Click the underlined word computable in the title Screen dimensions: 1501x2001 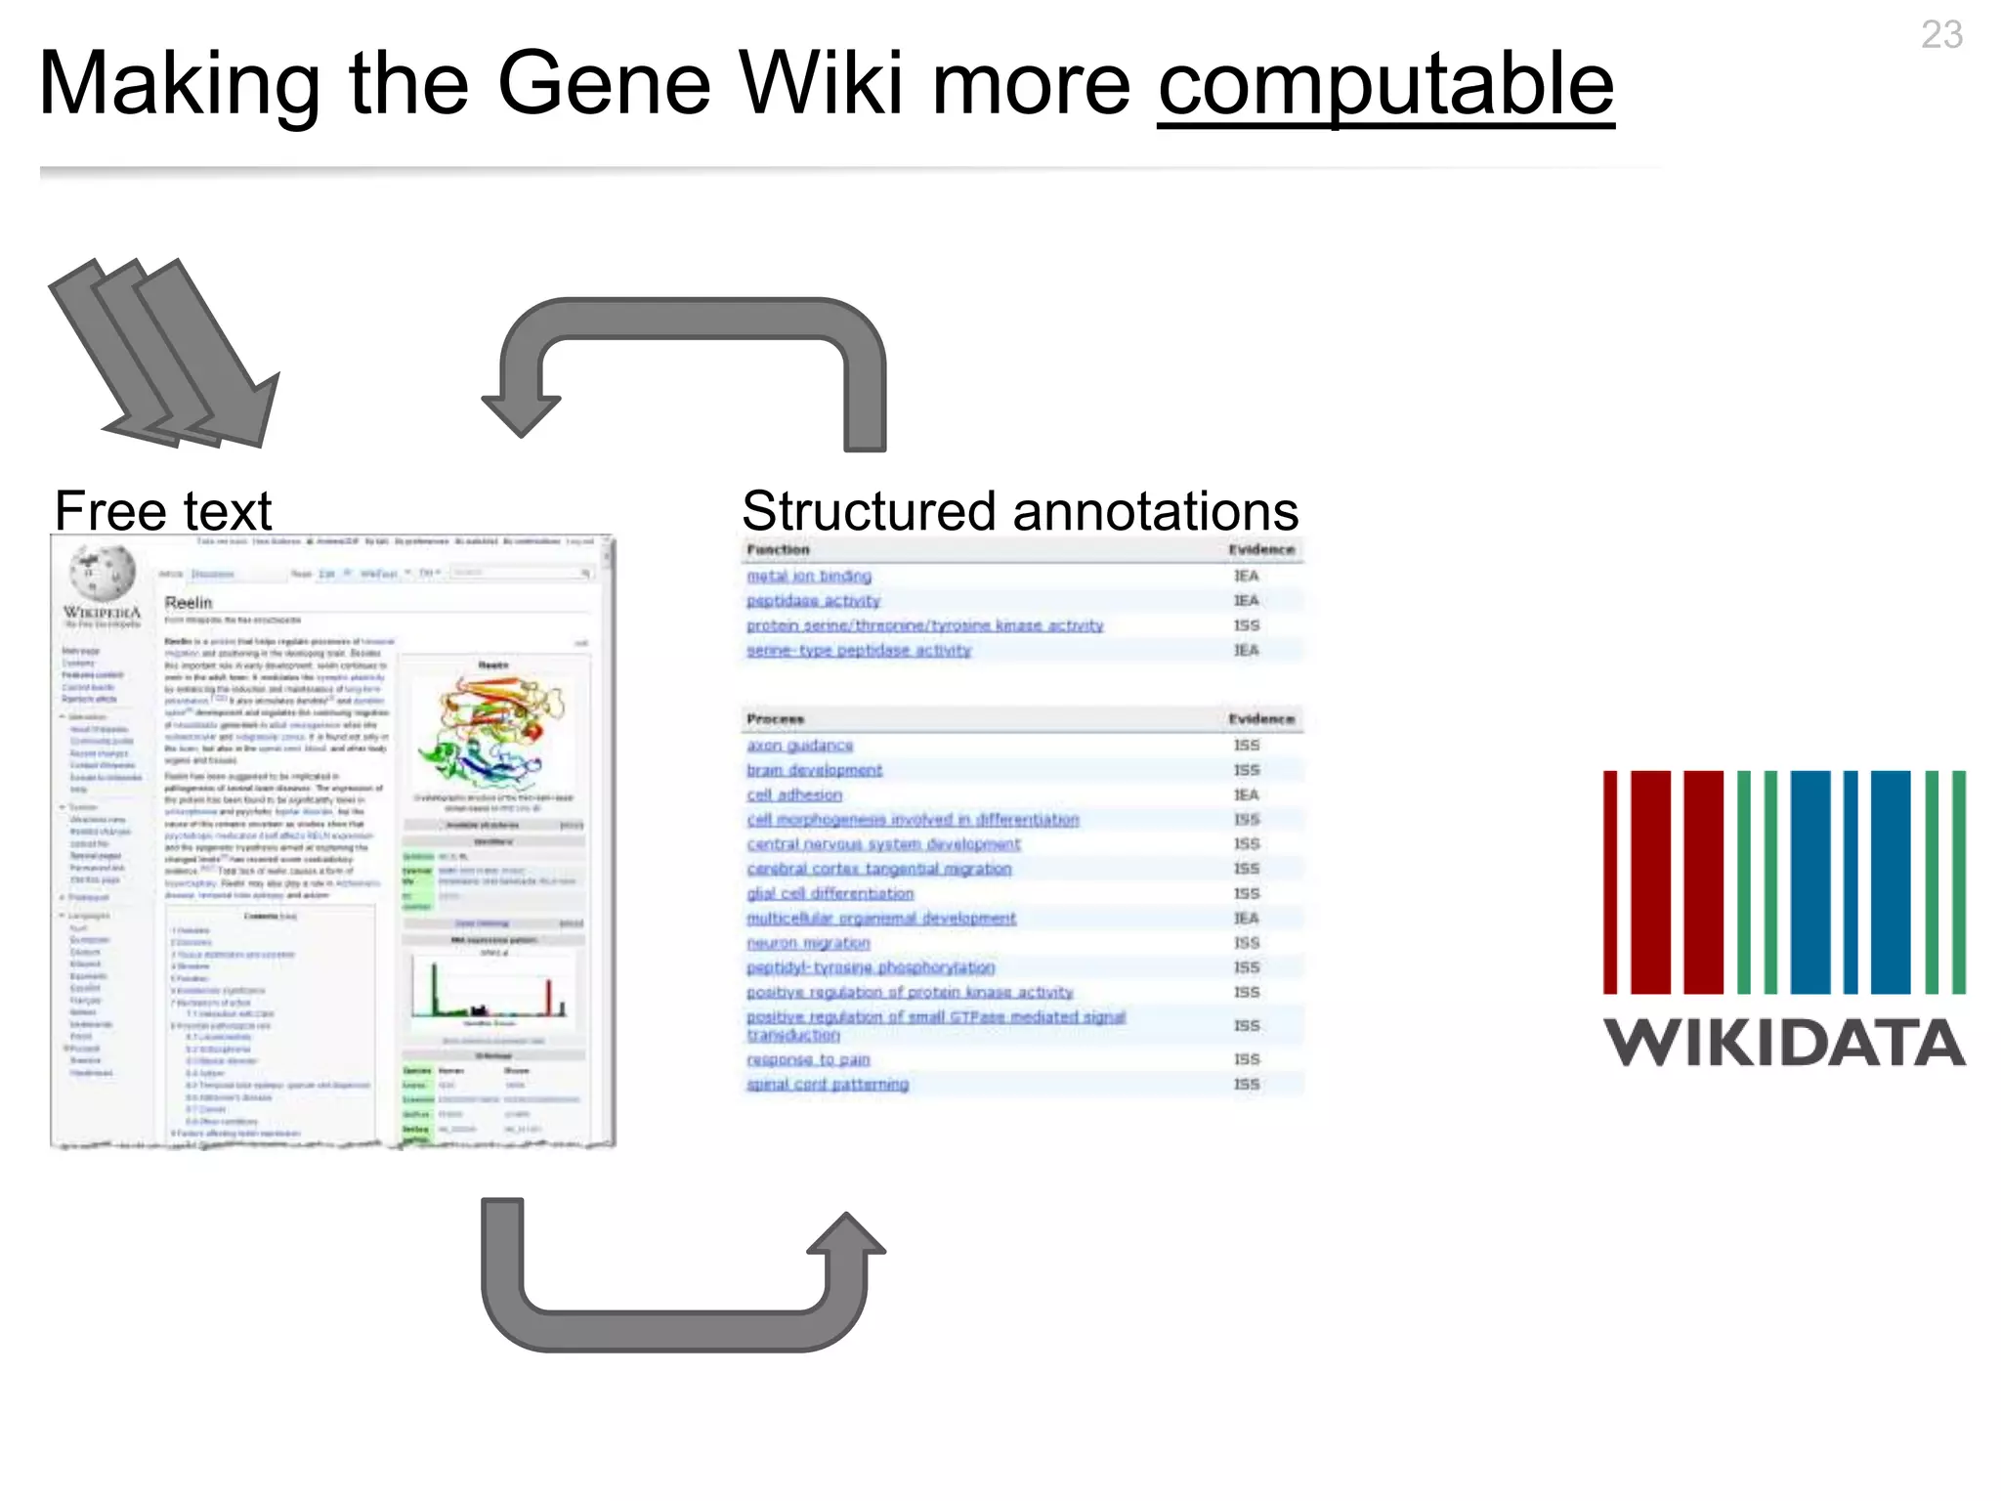[1384, 86]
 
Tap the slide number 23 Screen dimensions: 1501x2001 [1940, 35]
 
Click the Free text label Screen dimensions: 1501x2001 [162, 510]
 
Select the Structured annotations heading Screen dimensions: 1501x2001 [1019, 510]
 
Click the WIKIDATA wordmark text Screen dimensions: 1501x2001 [1784, 1043]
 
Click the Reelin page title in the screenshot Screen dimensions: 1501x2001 [189, 602]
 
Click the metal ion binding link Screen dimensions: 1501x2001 [808, 577]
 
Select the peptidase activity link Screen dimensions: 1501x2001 [813, 601]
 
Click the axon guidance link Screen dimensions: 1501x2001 [799, 746]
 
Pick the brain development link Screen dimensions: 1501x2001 [814, 770]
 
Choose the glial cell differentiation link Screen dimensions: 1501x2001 [830, 893]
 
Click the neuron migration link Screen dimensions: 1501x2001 [807, 943]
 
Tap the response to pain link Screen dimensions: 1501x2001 [807, 1059]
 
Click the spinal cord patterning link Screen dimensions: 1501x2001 [827, 1084]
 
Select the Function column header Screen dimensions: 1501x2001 [778, 550]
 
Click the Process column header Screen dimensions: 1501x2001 [775, 719]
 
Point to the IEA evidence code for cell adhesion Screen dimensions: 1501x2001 [1246, 795]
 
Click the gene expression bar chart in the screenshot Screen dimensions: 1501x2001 [491, 989]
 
